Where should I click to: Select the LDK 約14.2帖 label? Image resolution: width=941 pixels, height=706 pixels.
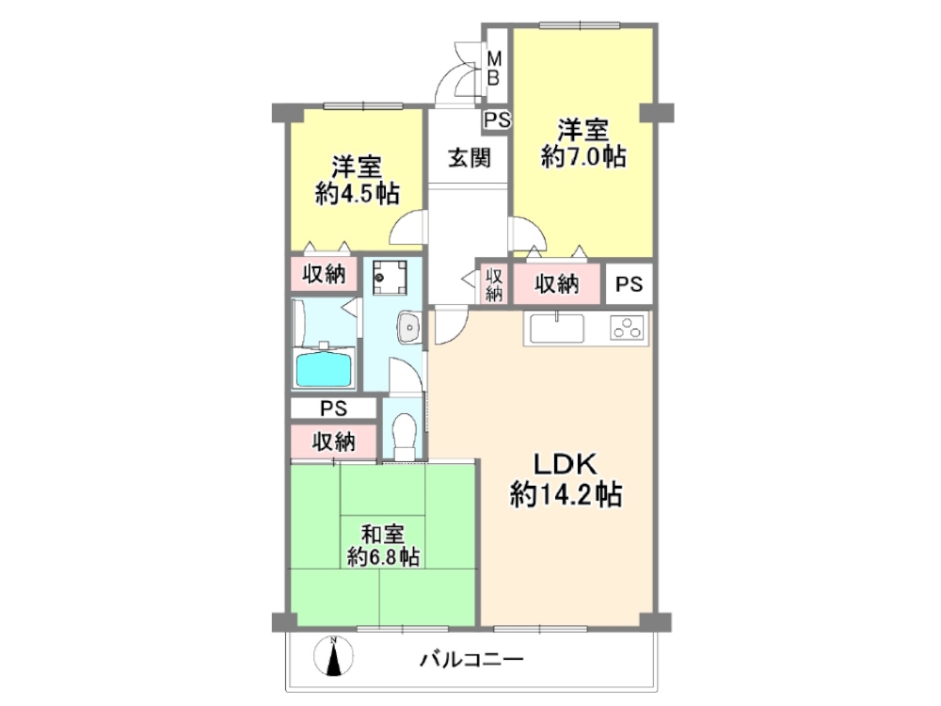coord(565,480)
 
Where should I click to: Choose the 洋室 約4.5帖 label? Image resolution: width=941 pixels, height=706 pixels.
coord(356,181)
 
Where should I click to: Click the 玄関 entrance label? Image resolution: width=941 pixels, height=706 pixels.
coord(469,158)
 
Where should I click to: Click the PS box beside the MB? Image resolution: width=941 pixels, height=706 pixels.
coord(497,120)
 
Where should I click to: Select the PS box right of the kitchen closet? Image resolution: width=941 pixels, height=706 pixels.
coord(630,284)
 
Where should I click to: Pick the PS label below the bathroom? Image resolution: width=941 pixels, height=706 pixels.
coord(334,409)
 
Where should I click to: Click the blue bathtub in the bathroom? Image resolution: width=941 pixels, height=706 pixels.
coord(325,368)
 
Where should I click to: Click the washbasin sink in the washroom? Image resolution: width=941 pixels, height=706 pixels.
coord(410,328)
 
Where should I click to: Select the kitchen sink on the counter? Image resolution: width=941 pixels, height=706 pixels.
coord(557,329)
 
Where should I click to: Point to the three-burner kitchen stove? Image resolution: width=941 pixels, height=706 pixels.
coord(626,329)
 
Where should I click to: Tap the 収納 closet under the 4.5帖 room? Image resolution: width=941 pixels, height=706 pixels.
coord(324,275)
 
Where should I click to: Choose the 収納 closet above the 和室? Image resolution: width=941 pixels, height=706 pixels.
coord(333,440)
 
